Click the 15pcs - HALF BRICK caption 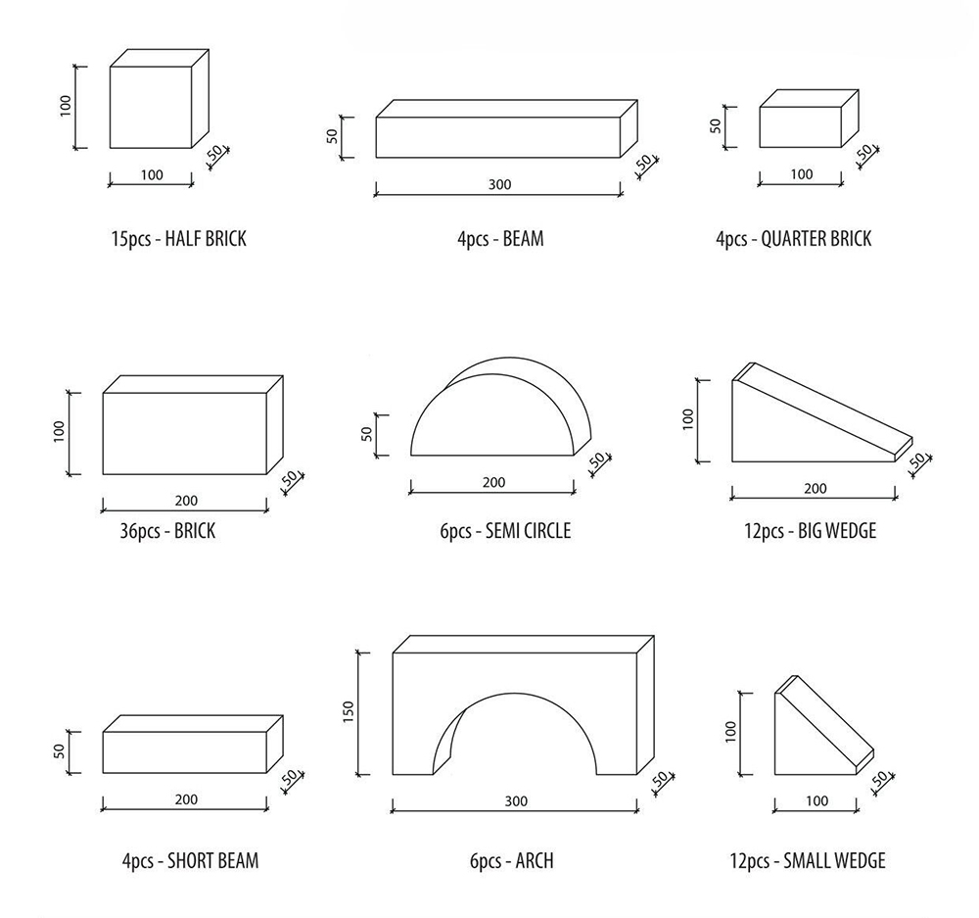coord(179,239)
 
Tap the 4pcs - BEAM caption coord(500,239)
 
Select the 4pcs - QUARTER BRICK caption coord(794,239)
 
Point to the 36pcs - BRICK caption coord(168,531)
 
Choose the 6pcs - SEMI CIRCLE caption coord(506,531)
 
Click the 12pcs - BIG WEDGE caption coord(811,531)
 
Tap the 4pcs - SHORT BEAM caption coord(191,861)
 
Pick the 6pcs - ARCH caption coord(512,861)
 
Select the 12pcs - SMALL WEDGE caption coord(808,861)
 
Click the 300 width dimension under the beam coord(499,184)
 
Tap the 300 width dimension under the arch coord(516,801)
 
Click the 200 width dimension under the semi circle coord(493,482)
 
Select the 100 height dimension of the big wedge coord(688,418)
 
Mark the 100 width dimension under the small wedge coord(816,801)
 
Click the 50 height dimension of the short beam coord(60,751)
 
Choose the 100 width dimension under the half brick coord(152,175)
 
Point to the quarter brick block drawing coord(810,119)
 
